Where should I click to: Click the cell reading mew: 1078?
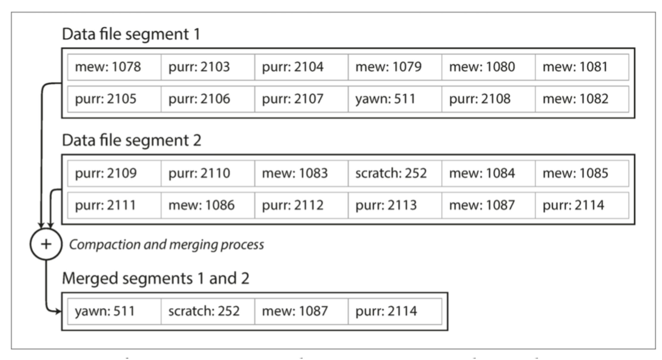click(x=114, y=67)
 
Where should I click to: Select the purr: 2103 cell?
click(x=208, y=67)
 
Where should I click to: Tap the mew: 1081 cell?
click(x=582, y=67)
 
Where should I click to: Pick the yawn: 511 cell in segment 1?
click(x=395, y=99)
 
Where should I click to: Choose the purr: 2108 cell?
click(x=488, y=99)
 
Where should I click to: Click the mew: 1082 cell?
click(x=582, y=99)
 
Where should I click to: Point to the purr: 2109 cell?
click(x=114, y=173)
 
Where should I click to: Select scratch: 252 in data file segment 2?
click(x=395, y=173)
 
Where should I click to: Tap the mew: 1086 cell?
click(x=208, y=205)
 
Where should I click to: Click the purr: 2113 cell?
click(x=395, y=205)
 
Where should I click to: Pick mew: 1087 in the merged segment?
click(x=301, y=311)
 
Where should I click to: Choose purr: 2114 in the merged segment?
click(x=395, y=311)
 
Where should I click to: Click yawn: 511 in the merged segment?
click(x=114, y=311)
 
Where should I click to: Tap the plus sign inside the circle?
click(x=46, y=244)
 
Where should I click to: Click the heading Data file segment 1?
click(x=131, y=34)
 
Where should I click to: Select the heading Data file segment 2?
click(x=132, y=140)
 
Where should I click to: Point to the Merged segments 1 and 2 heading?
click(x=155, y=278)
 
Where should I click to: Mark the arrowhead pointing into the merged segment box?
click(x=58, y=312)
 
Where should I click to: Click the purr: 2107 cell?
click(x=301, y=99)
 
